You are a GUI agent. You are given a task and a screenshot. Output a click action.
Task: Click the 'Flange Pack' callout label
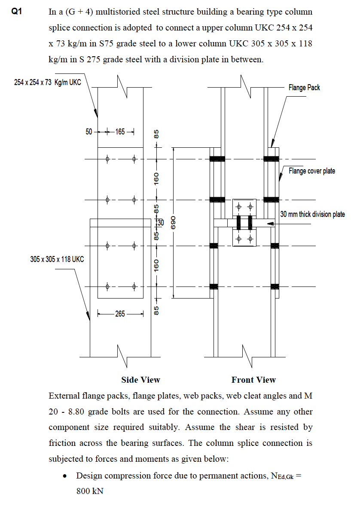click(304, 88)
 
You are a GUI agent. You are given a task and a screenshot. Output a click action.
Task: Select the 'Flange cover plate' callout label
click(312, 171)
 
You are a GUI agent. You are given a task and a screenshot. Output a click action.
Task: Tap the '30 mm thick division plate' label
click(312, 214)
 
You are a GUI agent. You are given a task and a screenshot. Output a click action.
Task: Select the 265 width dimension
click(120, 314)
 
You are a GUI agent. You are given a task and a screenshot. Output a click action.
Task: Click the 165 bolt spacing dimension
click(120, 132)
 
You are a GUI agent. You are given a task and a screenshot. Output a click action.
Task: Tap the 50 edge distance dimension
click(89, 132)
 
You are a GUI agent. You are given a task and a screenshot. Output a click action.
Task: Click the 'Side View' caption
click(140, 380)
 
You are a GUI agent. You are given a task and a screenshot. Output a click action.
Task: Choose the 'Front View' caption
click(253, 380)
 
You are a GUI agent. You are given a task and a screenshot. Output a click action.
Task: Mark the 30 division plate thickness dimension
click(161, 223)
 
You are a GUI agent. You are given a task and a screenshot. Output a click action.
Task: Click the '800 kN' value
click(90, 491)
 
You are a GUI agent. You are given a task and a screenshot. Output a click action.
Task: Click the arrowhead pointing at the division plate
click(270, 223)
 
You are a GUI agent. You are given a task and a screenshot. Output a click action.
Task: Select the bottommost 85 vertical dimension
click(157, 309)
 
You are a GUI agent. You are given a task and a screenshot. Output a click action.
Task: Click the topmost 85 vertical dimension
click(157, 134)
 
